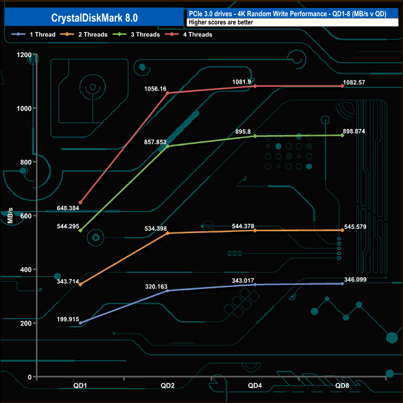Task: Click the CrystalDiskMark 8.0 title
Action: click(94, 18)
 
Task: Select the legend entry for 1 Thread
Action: click(33, 35)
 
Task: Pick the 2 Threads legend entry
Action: click(84, 35)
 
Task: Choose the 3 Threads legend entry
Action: click(136, 35)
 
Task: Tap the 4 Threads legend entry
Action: click(188, 35)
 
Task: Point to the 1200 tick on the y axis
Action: click(24, 55)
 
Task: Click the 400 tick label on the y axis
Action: click(25, 270)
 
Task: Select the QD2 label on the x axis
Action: click(167, 386)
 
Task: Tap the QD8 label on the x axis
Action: click(342, 386)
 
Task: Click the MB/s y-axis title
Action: click(11, 215)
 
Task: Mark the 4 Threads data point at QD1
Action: click(81, 203)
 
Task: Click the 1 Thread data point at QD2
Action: click(167, 291)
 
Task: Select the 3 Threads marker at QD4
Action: click(255, 136)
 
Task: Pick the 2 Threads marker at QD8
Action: click(342, 230)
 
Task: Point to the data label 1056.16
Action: click(155, 89)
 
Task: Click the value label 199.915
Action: click(68, 319)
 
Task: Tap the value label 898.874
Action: click(354, 131)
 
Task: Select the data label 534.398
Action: click(156, 229)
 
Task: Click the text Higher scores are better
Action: click(221, 22)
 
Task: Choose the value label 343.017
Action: click(243, 280)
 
